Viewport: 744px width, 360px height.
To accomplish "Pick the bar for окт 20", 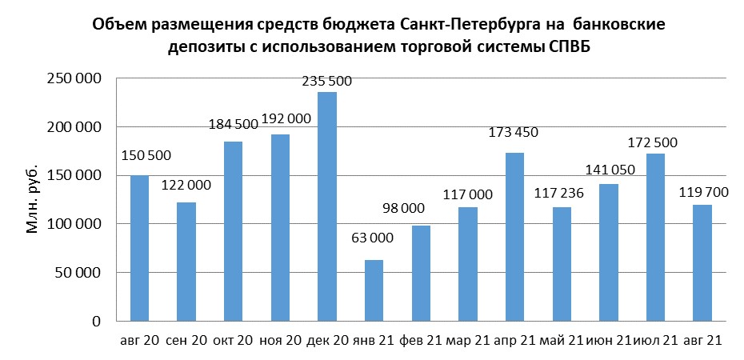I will point(233,231).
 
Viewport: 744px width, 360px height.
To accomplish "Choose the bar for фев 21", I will point(421,273).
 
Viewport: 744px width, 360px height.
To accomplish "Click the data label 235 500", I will point(326,81).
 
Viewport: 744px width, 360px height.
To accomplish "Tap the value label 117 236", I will point(562,194).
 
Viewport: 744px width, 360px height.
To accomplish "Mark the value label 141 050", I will point(609,171).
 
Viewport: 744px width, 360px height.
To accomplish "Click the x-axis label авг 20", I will point(139,340).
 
